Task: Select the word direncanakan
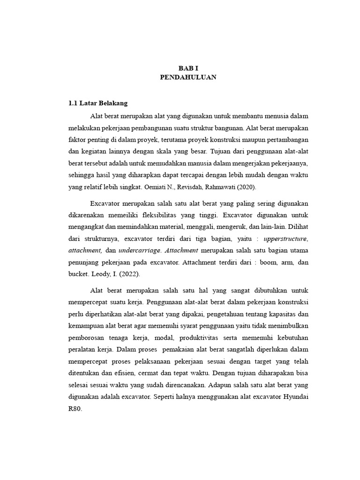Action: [180, 385]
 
